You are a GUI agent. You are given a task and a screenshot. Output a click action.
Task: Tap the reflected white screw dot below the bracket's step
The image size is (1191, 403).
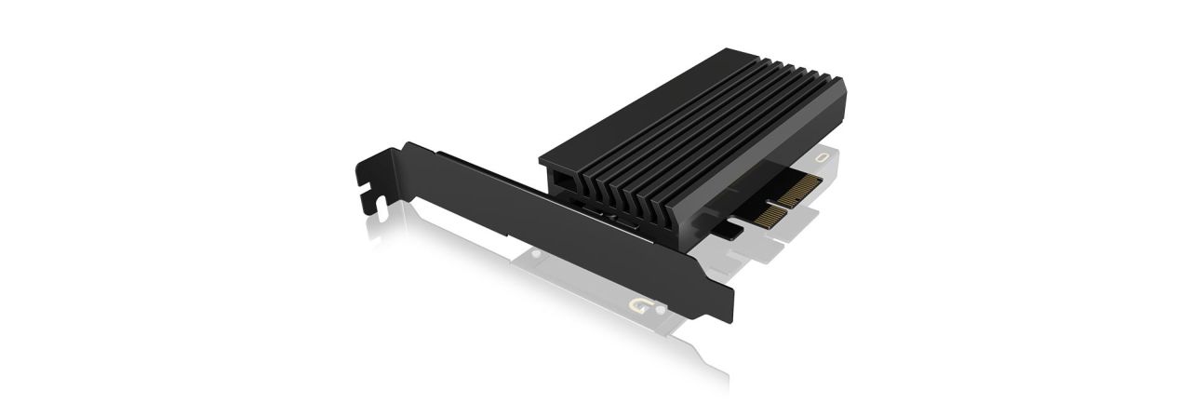point(536,253)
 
